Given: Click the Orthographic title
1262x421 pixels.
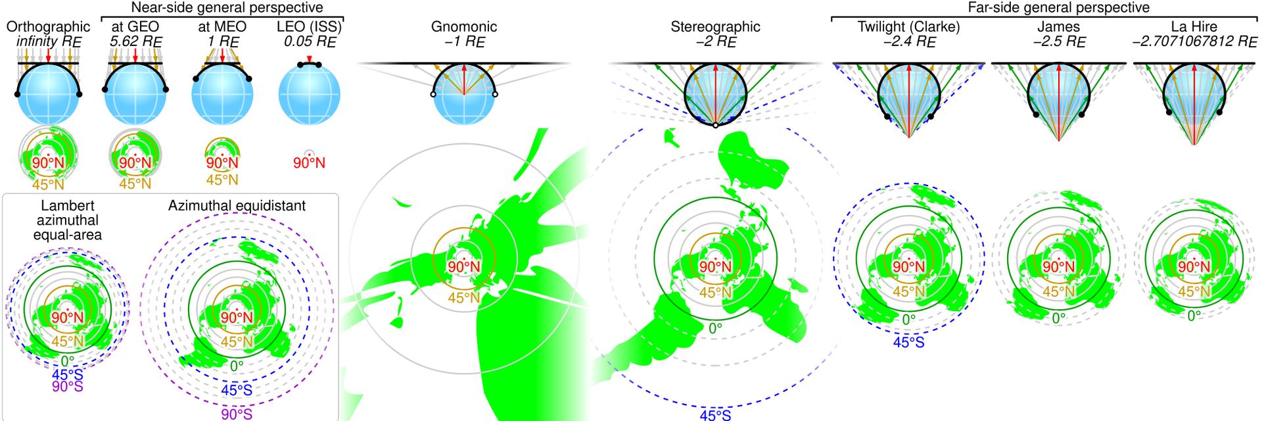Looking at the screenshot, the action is click(48, 27).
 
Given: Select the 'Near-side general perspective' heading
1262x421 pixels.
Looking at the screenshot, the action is click(227, 8).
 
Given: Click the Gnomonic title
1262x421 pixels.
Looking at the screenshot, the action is click(464, 27).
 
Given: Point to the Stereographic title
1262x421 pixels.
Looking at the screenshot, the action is click(715, 27).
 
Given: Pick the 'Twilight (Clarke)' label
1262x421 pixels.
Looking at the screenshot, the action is click(909, 27).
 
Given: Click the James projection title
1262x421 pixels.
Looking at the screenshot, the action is click(1058, 27).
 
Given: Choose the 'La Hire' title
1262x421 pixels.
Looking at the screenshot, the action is click(1194, 27).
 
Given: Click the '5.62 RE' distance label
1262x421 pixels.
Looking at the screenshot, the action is click(135, 41).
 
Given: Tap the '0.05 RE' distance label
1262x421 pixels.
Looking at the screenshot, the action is click(310, 41).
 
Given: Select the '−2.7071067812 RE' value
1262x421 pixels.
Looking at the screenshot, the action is click(1194, 41).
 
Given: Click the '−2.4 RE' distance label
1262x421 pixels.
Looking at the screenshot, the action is click(909, 41).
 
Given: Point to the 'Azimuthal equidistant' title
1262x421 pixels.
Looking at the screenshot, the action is click(237, 206).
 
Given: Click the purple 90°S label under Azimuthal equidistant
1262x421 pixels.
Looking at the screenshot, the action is click(237, 414).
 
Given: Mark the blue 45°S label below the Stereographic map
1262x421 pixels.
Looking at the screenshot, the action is click(715, 415).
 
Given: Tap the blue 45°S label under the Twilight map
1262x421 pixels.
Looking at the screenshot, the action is click(908, 342).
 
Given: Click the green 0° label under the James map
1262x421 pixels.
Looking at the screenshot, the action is click(1058, 318).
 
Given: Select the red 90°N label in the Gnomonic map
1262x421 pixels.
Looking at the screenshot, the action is click(464, 266).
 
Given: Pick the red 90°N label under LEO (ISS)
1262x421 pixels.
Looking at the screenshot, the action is click(310, 162).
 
